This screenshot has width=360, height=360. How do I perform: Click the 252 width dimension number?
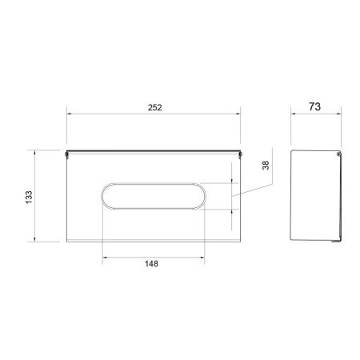click(155, 107)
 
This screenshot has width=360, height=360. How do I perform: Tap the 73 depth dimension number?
click(314, 106)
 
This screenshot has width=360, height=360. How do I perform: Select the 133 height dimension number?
click(29, 197)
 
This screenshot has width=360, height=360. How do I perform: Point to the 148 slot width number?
click(151, 264)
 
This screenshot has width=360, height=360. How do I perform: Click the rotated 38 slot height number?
click(266, 166)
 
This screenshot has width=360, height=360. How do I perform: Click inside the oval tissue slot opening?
click(154, 196)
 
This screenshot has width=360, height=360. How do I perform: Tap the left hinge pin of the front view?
click(66, 154)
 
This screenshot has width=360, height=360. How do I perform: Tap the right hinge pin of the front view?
click(240, 154)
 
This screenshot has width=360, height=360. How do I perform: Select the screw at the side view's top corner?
click(338, 154)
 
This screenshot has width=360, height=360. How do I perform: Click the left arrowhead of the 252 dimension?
click(69, 114)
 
